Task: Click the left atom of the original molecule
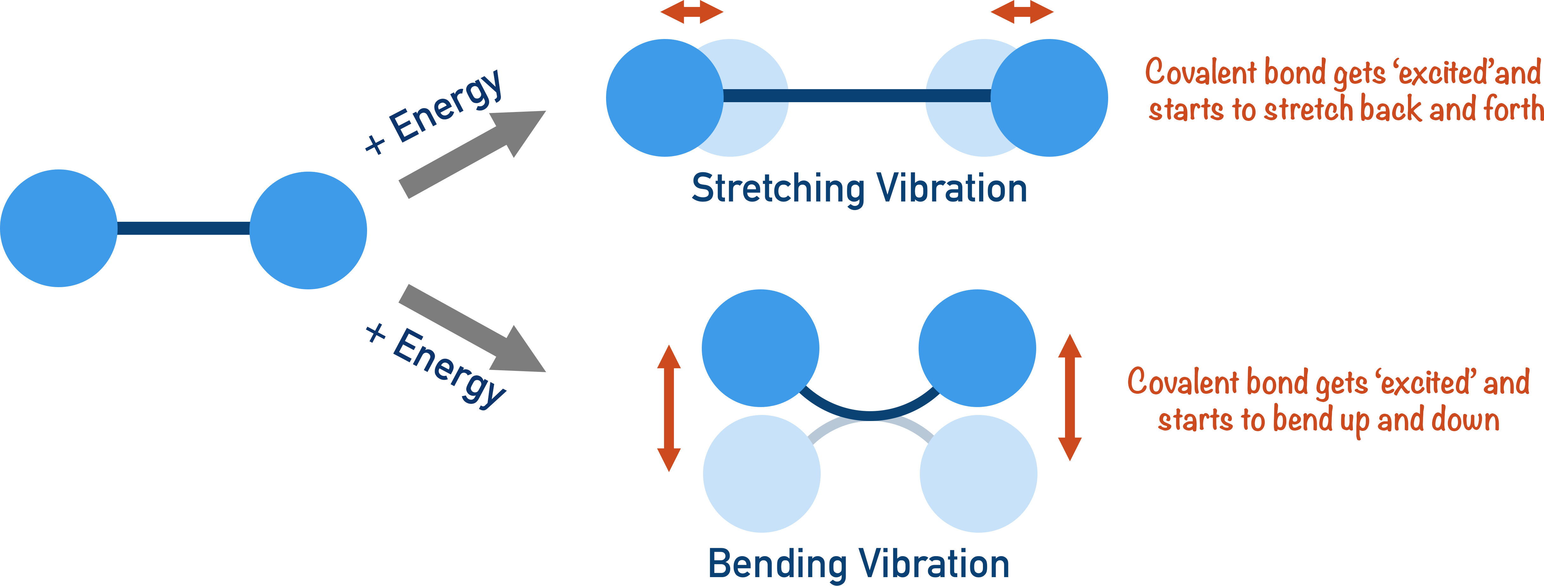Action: tap(59, 228)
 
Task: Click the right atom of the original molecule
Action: tap(308, 230)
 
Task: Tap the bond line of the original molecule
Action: tap(184, 228)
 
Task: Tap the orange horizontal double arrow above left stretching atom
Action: tap(692, 12)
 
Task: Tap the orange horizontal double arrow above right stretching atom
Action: tap(1022, 12)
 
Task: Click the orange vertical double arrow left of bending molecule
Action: tap(669, 408)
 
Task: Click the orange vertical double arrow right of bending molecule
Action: tap(1070, 397)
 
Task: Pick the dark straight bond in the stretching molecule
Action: tap(857, 96)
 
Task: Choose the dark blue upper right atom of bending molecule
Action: tap(977, 348)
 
